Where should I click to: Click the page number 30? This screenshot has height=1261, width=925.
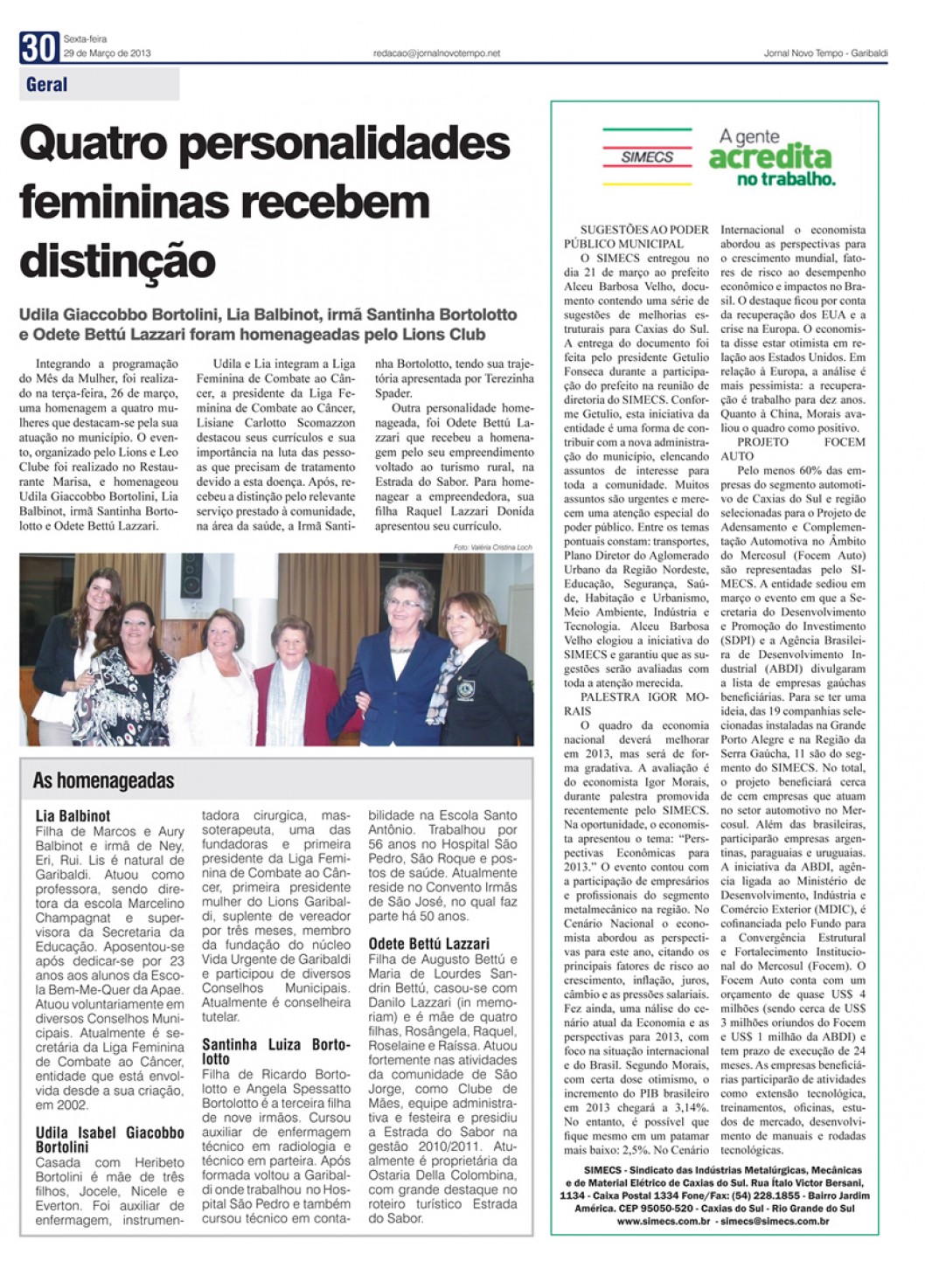(38, 48)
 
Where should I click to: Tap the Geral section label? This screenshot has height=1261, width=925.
(47, 85)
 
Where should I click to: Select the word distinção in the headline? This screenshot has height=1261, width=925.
(117, 260)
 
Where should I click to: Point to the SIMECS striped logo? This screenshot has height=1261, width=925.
(647, 156)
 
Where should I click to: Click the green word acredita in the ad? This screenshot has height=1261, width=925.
(769, 158)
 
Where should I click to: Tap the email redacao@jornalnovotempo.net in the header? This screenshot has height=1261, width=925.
(436, 53)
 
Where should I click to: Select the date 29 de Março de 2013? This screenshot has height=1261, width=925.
(107, 53)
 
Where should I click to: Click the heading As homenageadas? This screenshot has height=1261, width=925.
(103, 780)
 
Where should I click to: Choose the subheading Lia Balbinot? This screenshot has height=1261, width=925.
(73, 816)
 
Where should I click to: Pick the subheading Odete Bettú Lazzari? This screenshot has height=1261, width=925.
(429, 944)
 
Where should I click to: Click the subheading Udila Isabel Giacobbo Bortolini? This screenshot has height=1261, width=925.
(109, 1140)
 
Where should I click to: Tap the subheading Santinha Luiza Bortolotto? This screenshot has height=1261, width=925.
(275, 1051)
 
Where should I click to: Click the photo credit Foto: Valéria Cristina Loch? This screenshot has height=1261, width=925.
(493, 546)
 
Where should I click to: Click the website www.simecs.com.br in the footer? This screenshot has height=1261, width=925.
(663, 1221)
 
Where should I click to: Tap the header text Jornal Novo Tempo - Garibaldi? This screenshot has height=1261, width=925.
(825, 53)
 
